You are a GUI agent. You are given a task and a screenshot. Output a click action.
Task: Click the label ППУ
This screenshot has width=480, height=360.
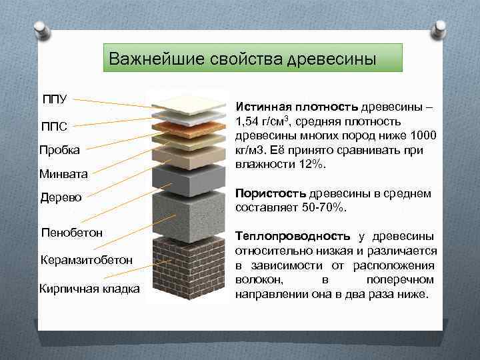[54, 99]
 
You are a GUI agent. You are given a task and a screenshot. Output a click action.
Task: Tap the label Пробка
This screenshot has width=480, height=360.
[60, 149]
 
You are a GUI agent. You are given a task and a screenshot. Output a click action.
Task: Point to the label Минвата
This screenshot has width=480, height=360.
[64, 174]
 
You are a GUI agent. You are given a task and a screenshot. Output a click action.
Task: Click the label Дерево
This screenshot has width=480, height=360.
[61, 198]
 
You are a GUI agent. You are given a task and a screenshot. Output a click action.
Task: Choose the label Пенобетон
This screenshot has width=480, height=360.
[71, 233]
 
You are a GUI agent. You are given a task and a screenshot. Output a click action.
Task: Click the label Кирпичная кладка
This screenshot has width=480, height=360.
[89, 288]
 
